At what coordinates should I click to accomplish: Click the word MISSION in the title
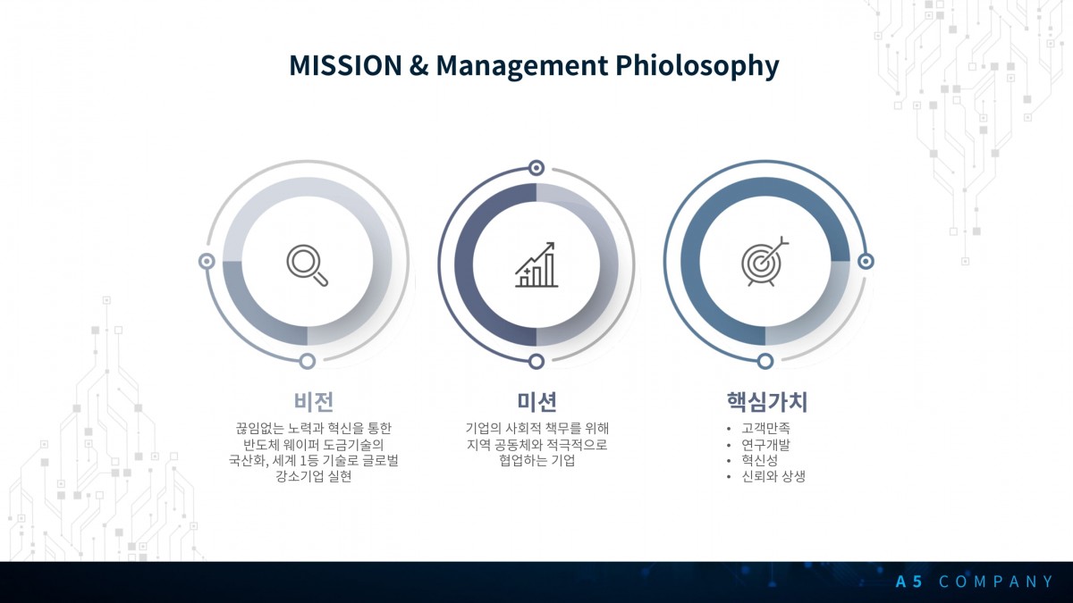point(345,65)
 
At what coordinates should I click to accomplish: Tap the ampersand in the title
point(418,66)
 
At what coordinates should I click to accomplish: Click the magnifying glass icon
point(308,265)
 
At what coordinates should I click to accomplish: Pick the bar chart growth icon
point(536,264)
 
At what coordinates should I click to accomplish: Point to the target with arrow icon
point(765,262)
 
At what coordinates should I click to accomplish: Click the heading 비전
point(314,401)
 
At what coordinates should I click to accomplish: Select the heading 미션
point(536,401)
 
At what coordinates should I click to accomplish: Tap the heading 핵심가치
point(767,401)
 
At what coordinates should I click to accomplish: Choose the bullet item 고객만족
point(765,428)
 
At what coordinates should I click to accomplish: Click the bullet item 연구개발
point(765,445)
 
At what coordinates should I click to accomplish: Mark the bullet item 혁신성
point(759,460)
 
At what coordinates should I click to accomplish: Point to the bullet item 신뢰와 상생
point(773,476)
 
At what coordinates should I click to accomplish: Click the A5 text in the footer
point(908,582)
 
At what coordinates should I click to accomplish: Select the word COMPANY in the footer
point(995,582)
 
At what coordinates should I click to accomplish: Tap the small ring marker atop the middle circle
point(536,168)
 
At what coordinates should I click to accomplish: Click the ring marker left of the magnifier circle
point(207,261)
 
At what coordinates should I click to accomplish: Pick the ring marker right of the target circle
point(866,261)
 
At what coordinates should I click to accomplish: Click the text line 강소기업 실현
point(314,476)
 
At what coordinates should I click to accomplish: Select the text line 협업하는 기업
point(536,460)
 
